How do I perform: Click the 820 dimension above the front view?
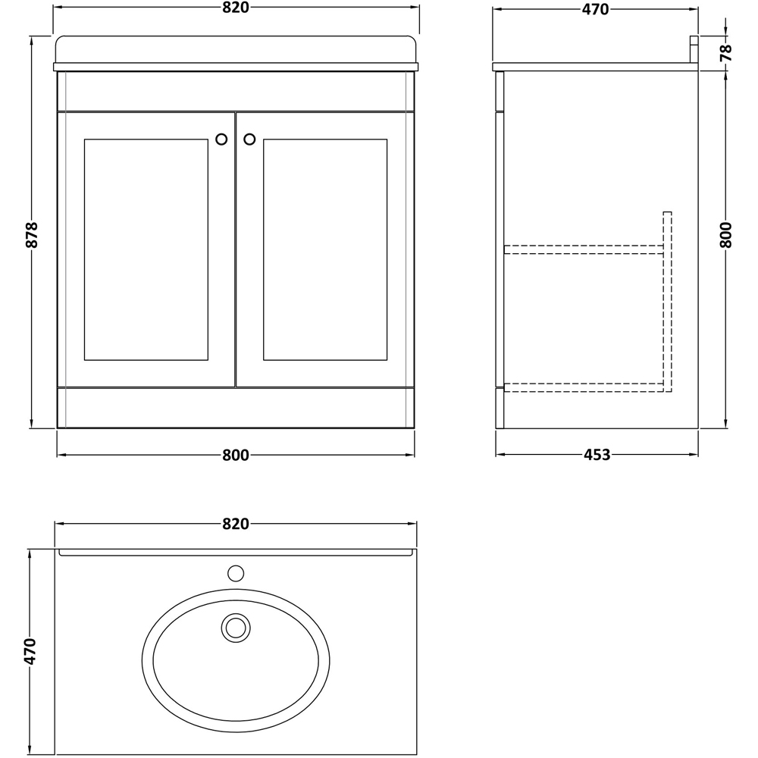[x=236, y=8]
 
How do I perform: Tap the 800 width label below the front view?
[x=236, y=455]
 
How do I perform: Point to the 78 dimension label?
[x=725, y=52]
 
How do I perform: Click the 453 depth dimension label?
[x=597, y=455]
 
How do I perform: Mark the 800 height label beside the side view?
[x=725, y=235]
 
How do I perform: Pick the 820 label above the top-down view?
[x=236, y=524]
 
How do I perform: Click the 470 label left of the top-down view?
[x=30, y=651]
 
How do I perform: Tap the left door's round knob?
[x=221, y=139]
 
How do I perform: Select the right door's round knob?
[x=249, y=139]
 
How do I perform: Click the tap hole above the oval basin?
[x=236, y=572]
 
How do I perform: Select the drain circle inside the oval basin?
[x=236, y=628]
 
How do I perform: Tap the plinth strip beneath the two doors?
[x=236, y=408]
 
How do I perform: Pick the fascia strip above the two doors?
[x=236, y=91]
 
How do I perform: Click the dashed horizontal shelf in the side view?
[x=584, y=249]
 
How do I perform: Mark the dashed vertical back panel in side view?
[x=667, y=303]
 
